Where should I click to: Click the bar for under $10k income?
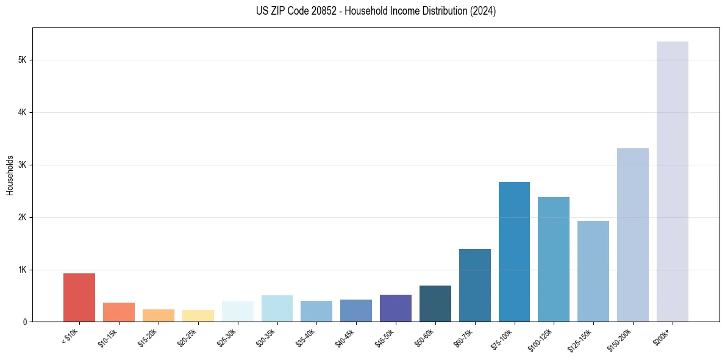click(79, 297)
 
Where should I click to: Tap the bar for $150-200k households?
click(632, 235)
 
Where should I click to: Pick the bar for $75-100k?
click(514, 251)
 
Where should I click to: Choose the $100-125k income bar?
click(554, 259)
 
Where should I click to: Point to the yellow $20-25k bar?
click(198, 315)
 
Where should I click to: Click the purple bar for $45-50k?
click(395, 308)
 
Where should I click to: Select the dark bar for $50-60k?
click(435, 303)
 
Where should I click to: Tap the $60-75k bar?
click(474, 285)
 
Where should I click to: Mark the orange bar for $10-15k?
click(119, 312)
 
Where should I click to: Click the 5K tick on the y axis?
click(23, 60)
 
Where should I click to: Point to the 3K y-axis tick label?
click(23, 165)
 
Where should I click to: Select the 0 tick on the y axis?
click(24, 322)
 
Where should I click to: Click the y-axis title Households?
click(10, 175)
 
